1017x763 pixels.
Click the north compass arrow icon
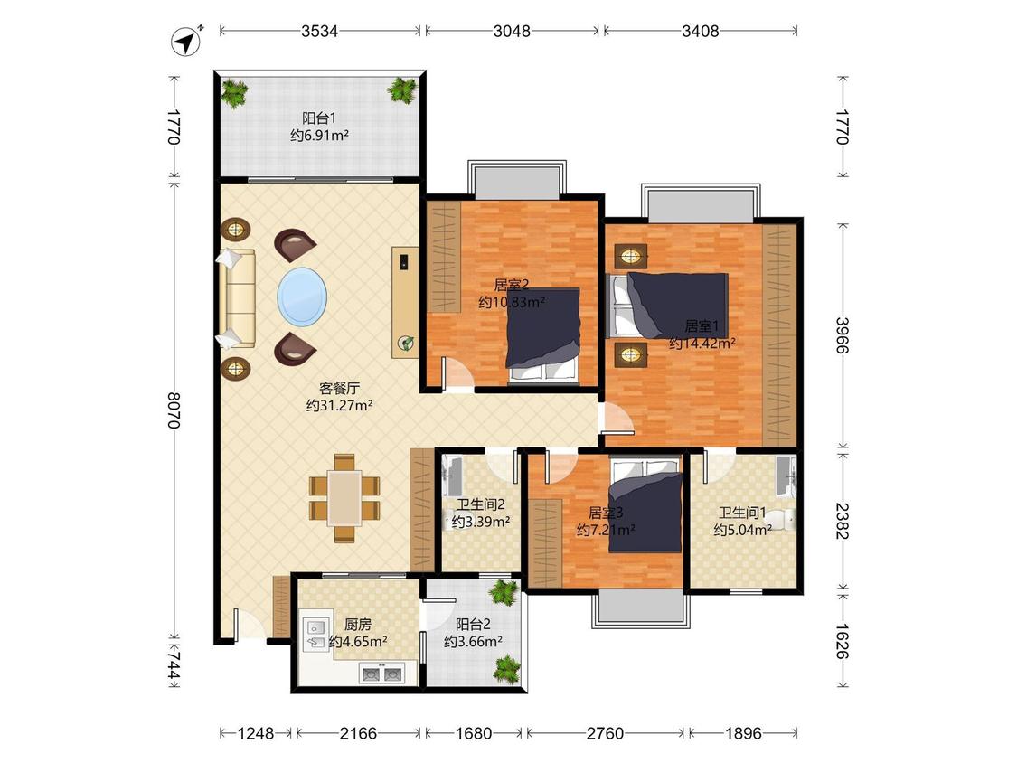(x=186, y=42)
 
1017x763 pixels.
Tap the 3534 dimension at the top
(x=319, y=31)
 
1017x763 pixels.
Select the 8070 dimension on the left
(x=174, y=410)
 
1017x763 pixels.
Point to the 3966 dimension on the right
(x=843, y=334)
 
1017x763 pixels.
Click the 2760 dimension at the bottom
(x=605, y=733)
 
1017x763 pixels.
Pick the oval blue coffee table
(x=302, y=297)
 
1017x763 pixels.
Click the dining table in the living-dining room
(x=344, y=497)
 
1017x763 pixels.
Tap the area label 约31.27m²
(x=339, y=406)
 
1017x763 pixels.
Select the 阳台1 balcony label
(x=319, y=118)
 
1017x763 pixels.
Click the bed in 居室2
(x=542, y=336)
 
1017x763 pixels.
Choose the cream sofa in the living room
(x=237, y=297)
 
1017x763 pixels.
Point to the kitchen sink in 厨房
(x=315, y=634)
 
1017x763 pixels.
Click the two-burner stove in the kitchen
(x=381, y=674)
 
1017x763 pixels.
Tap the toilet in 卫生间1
(x=783, y=520)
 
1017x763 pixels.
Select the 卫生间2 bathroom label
(x=481, y=504)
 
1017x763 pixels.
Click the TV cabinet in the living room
(x=405, y=302)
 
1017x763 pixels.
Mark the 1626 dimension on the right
(x=843, y=641)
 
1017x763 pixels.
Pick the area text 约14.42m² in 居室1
(x=702, y=344)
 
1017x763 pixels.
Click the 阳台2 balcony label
(x=473, y=625)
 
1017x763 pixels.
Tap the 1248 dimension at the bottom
(x=256, y=733)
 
